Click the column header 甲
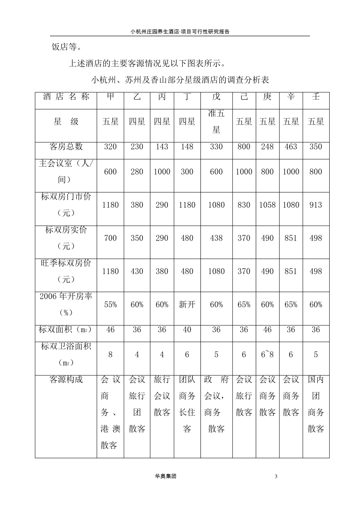click(x=110, y=97)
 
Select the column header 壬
click(x=316, y=97)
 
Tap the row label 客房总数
click(x=66, y=147)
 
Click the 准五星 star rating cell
click(x=216, y=122)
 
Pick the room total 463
click(x=291, y=147)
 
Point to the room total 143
click(x=162, y=147)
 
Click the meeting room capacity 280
click(x=137, y=172)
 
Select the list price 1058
click(x=267, y=205)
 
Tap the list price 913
click(x=316, y=205)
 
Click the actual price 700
click(x=110, y=238)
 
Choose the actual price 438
click(x=216, y=238)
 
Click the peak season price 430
click(x=137, y=272)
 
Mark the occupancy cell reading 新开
click(x=187, y=304)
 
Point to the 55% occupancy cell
click(x=110, y=304)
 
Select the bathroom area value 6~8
click(x=267, y=355)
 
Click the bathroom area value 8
click(x=110, y=355)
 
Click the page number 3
click(x=276, y=476)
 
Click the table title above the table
click(x=180, y=80)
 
